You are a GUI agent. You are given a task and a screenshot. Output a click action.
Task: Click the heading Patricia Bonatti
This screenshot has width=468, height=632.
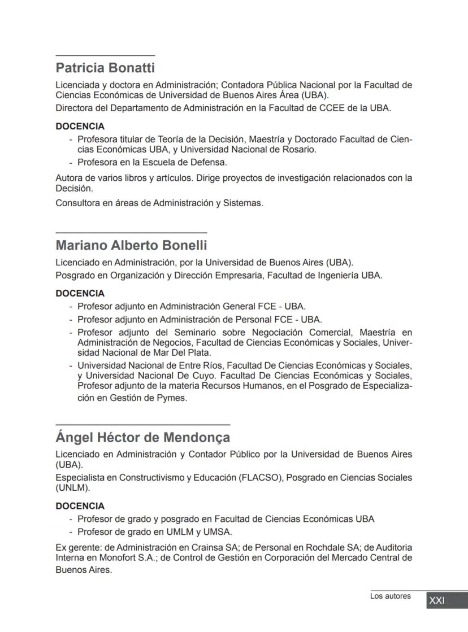tap(105, 68)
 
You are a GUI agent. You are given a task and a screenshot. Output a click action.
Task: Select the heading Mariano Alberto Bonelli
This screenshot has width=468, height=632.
tap(131, 246)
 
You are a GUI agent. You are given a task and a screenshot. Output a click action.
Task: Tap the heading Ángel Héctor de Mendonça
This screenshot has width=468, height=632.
tap(142, 438)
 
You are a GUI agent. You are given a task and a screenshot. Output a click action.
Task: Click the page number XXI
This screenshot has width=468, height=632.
tap(437, 600)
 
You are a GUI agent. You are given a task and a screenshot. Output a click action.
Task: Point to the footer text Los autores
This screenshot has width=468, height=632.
tap(391, 596)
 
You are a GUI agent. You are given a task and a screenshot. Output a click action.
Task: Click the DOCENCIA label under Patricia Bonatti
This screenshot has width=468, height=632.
tap(80, 127)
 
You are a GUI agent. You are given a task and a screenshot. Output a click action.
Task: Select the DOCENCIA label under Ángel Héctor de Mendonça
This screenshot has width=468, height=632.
tap(80, 506)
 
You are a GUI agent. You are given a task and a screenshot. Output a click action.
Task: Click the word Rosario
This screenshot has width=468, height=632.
tap(299, 150)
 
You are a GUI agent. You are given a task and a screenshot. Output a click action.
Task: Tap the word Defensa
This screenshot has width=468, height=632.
tap(209, 162)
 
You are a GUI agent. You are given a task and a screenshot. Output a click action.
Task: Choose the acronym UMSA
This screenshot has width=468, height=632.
tap(220, 531)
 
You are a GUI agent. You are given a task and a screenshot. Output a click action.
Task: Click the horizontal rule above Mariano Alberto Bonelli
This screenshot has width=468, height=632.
tap(131, 232)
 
